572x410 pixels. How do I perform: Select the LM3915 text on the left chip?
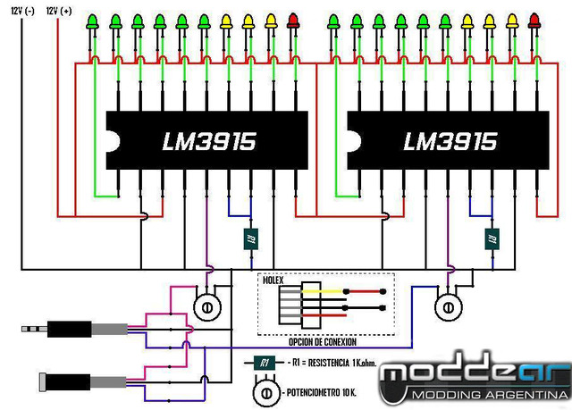(x=208, y=142)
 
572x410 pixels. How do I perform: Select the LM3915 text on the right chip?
(x=450, y=142)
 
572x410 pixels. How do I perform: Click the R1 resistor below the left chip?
(x=251, y=238)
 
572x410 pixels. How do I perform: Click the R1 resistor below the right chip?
(x=492, y=238)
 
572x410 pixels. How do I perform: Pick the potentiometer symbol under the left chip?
(x=206, y=306)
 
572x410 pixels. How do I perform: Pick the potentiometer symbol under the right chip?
(x=448, y=306)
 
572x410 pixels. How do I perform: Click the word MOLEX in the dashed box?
(x=273, y=280)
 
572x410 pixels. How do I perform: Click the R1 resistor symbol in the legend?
(x=263, y=364)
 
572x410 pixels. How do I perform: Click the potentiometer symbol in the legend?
(x=265, y=392)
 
